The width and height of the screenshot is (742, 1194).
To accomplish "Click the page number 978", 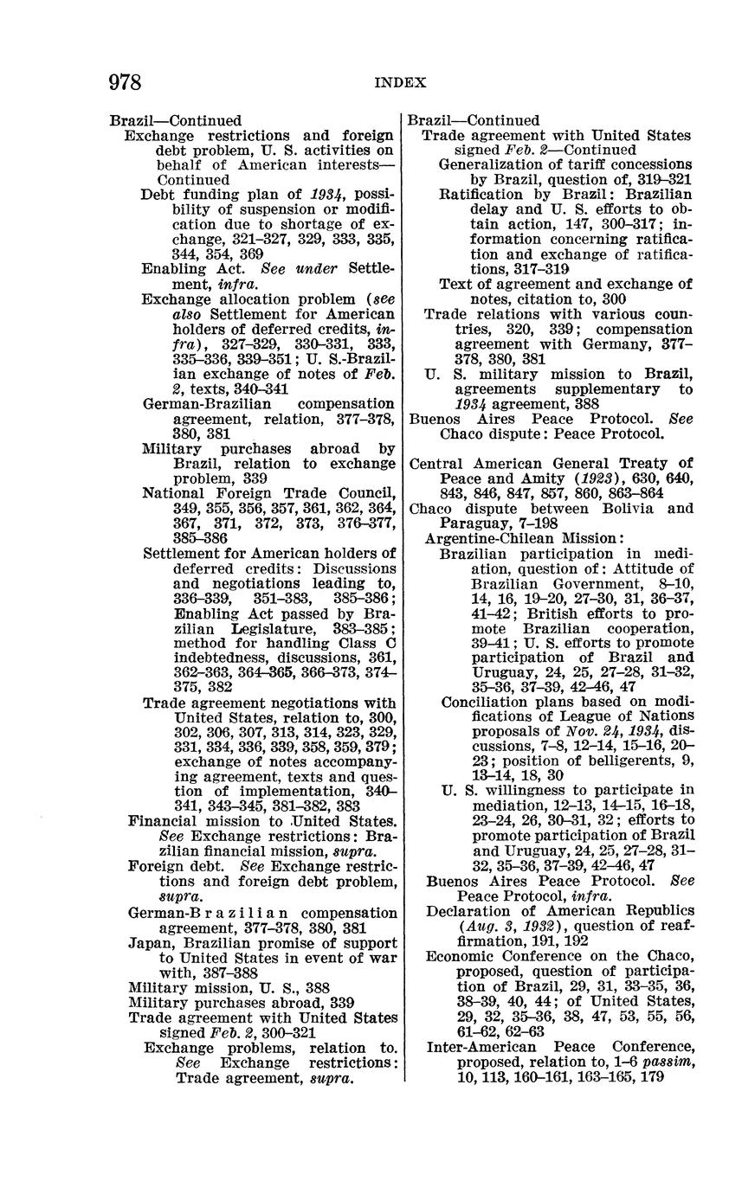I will tap(126, 82).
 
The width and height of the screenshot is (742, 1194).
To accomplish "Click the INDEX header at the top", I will tap(400, 83).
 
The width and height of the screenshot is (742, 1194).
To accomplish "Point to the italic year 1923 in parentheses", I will tap(603, 478).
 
